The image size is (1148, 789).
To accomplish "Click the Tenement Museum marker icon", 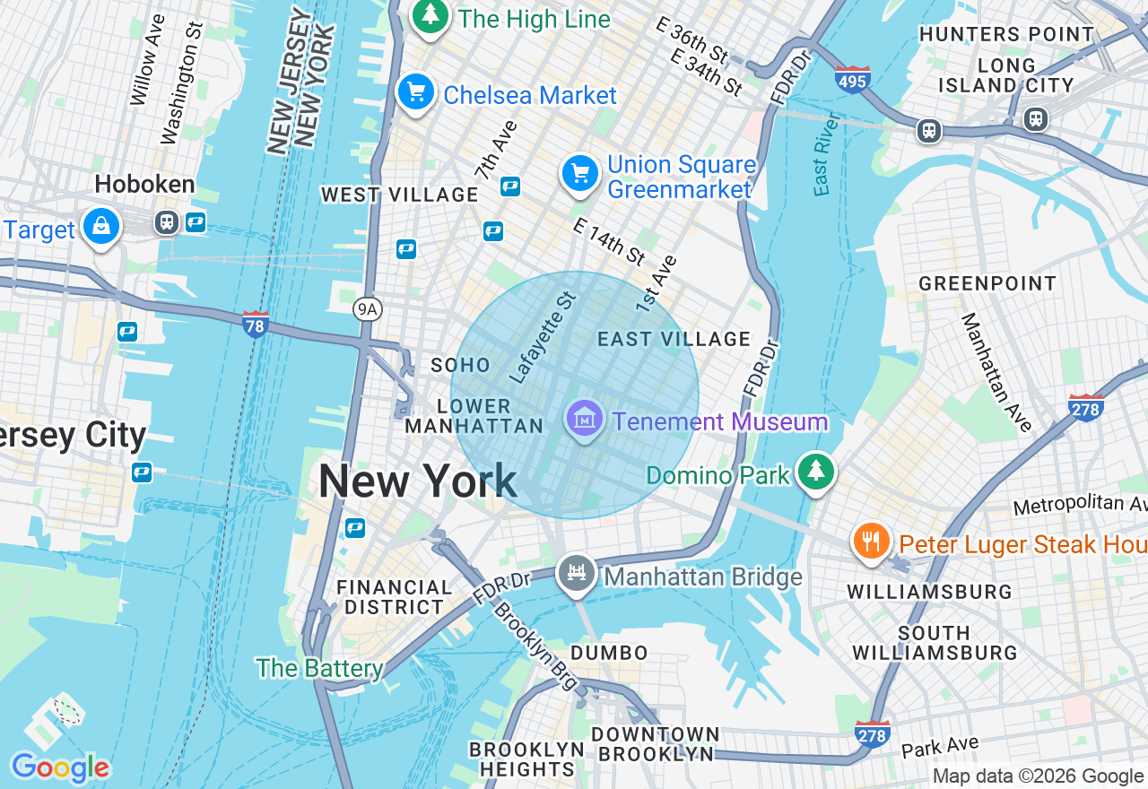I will (x=584, y=418).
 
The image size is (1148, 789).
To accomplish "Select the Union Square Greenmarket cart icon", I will (x=580, y=173).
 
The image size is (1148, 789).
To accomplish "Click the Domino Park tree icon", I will (x=815, y=471).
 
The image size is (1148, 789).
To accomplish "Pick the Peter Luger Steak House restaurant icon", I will (x=871, y=541).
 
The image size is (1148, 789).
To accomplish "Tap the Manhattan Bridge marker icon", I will (x=577, y=573).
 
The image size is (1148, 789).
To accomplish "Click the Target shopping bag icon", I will (x=101, y=227).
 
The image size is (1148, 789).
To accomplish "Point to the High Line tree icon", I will (x=431, y=15).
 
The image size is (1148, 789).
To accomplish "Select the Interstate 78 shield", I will (x=256, y=324).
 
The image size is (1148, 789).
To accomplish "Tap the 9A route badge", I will (x=367, y=309).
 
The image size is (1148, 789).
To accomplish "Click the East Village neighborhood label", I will (x=674, y=339).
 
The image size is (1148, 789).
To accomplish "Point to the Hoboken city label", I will (x=144, y=185).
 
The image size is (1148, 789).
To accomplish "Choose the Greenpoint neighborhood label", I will (x=987, y=284).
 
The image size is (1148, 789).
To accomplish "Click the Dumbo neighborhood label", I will (x=609, y=652).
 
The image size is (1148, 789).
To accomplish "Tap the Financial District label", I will (x=394, y=597).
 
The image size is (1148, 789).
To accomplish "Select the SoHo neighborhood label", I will (x=460, y=365).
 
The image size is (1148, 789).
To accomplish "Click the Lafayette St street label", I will (x=541, y=334).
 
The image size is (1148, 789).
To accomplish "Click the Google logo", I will (x=60, y=767).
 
